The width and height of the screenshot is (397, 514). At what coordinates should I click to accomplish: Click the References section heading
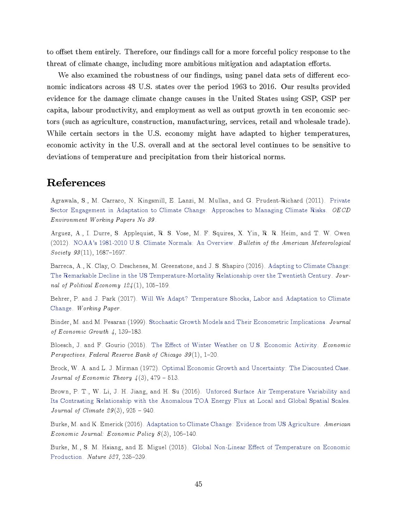76,183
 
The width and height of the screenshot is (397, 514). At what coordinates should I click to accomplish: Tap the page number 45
198,484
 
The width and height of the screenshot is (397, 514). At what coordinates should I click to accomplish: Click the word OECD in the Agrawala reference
341,210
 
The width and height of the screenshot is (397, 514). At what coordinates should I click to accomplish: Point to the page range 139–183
130,331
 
